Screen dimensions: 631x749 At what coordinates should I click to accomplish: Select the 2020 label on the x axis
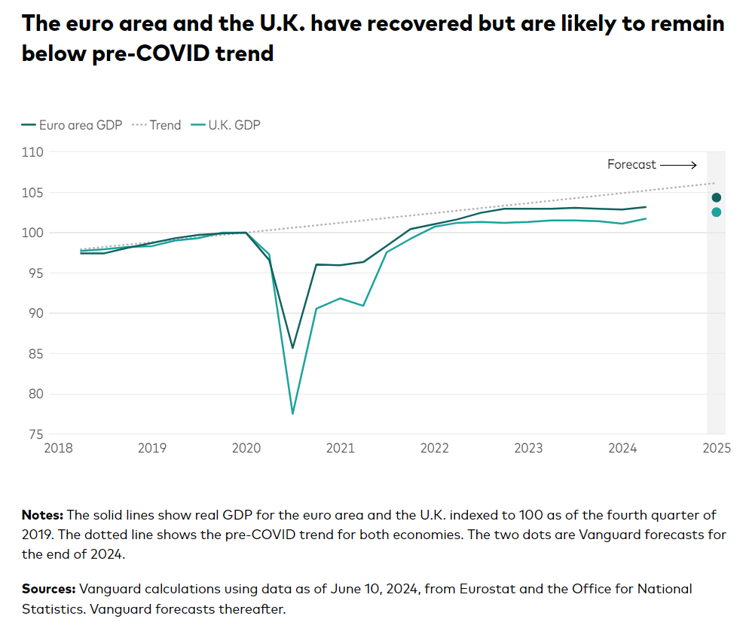click(x=246, y=448)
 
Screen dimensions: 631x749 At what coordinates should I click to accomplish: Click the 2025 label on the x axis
click(x=716, y=448)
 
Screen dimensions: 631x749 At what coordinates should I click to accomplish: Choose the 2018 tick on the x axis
click(x=58, y=448)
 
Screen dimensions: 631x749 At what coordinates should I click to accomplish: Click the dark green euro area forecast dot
click(x=716, y=197)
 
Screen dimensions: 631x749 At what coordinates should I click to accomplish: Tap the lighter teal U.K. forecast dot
click(x=716, y=212)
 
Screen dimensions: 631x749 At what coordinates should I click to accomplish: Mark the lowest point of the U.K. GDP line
click(x=292, y=413)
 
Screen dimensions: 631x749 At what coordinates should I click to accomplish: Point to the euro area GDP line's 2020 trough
click(x=292, y=348)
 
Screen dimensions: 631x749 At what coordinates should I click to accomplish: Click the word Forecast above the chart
click(x=631, y=165)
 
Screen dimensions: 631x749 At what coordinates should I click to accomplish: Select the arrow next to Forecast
click(x=678, y=165)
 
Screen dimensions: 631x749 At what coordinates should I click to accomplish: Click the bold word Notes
click(x=42, y=516)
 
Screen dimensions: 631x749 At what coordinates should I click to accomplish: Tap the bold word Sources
click(x=48, y=589)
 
